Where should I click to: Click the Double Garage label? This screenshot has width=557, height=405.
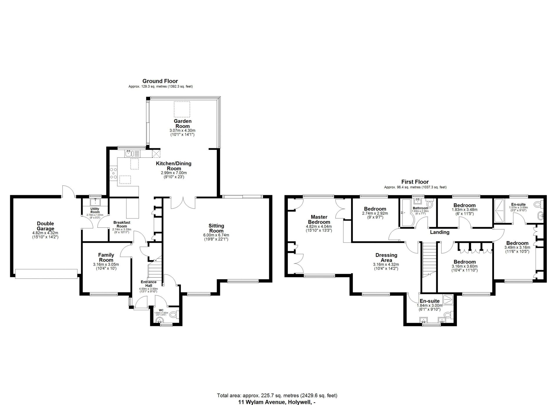tap(45, 226)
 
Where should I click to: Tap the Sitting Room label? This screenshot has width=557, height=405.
tap(216, 228)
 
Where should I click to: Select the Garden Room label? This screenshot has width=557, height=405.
tap(183, 124)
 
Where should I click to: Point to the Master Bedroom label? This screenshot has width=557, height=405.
tap(319, 219)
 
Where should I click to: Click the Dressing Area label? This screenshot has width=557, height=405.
tap(386, 258)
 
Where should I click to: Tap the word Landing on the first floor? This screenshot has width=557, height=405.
tap(440, 232)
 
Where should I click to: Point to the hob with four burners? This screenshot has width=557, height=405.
tap(113, 173)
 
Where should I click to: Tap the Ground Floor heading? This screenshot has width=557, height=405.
tap(160, 81)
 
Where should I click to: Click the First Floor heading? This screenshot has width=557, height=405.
tap(415, 182)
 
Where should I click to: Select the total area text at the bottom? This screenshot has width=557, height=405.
tap(277, 395)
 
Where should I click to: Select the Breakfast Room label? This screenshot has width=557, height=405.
tap(122, 224)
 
